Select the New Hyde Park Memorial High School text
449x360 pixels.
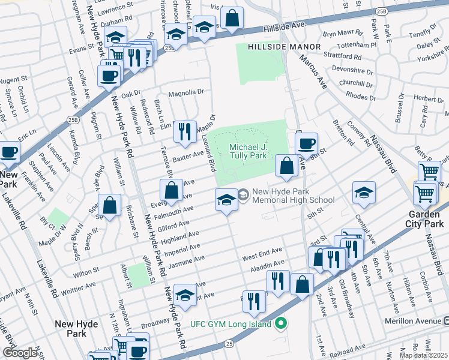293,196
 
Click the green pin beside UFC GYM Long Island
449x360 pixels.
281,325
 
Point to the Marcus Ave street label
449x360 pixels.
312,70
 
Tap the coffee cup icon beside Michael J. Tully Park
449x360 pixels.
306,143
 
